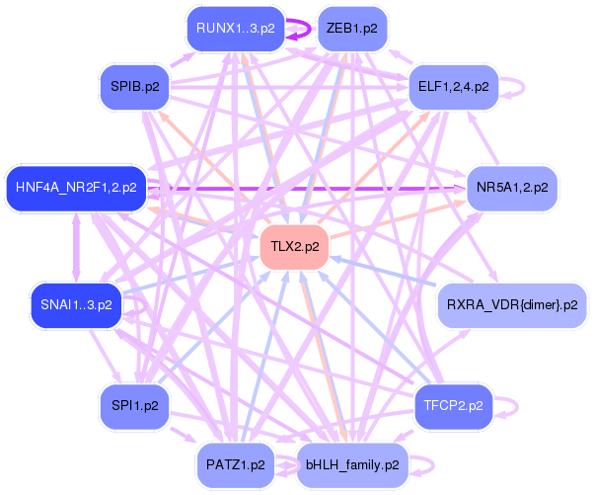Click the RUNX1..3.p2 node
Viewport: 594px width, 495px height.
[235, 29]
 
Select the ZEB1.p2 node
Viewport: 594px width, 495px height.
[351, 29]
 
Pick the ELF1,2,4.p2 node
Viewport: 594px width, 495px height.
[453, 87]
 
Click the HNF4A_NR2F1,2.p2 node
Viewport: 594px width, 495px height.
[76, 186]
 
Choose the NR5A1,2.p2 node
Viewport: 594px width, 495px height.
[512, 186]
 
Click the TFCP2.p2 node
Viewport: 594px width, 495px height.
[453, 405]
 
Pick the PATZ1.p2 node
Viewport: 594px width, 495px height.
[236, 463]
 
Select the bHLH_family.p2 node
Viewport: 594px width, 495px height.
[352, 463]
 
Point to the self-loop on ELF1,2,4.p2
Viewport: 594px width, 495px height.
[515, 87]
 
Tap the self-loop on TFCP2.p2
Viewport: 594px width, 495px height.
[514, 405]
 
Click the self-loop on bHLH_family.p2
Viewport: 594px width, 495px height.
[425, 463]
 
